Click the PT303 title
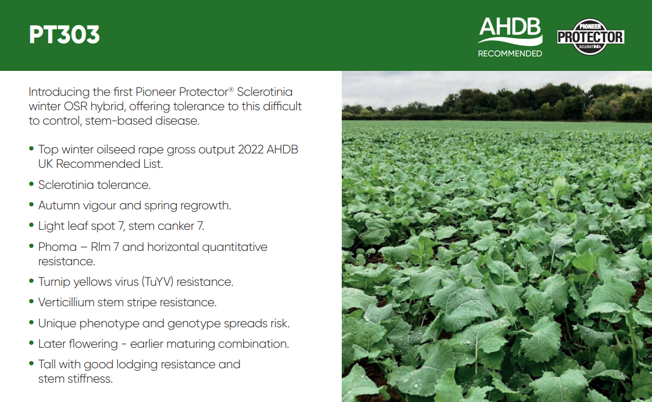click(65, 34)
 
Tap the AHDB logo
click(510, 31)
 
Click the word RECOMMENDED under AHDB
click(510, 54)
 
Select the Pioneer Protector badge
click(591, 37)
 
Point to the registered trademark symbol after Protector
click(231, 89)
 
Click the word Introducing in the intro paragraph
click(59, 92)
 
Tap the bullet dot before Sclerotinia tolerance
click(31, 184)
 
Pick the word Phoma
click(58, 247)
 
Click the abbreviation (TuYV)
click(157, 282)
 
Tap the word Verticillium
click(66, 302)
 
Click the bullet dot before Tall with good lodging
click(31, 363)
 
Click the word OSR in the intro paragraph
click(76, 106)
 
